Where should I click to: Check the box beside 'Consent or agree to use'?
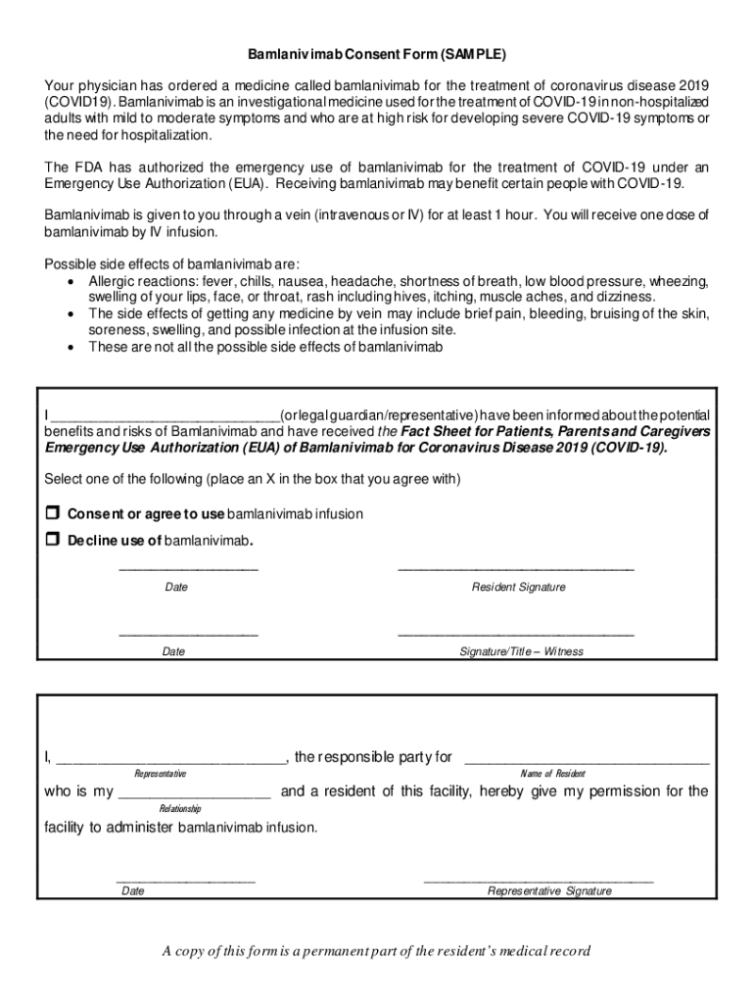click(53, 513)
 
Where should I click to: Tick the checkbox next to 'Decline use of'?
click(53, 540)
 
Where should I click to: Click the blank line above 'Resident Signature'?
click(516, 567)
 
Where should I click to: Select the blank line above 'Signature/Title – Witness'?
click(516, 633)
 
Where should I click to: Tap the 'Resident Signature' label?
click(518, 588)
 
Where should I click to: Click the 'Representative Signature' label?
click(549, 891)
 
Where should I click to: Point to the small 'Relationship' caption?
click(179, 809)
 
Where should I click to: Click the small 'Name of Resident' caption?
click(553, 774)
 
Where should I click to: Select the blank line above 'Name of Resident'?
click(586, 759)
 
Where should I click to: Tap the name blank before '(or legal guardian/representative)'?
click(165, 416)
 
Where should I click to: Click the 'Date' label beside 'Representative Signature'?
click(133, 891)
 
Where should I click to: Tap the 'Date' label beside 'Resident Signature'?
click(176, 588)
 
